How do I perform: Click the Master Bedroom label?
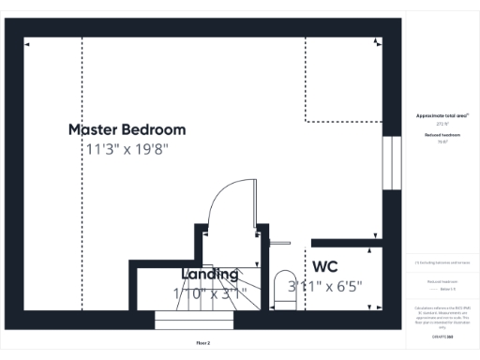(127, 129)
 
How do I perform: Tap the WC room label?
(325, 266)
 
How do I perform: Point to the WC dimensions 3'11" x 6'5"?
(325, 286)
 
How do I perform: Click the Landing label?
(209, 274)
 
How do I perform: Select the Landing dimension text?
(209, 293)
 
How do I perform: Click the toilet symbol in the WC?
(283, 287)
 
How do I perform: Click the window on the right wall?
(391, 166)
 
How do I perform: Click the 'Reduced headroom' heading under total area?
(442, 135)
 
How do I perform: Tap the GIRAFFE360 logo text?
(442, 336)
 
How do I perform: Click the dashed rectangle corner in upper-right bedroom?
(307, 121)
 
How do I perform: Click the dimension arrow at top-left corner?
(27, 42)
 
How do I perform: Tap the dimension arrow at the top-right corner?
(377, 42)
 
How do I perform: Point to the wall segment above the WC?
(347, 242)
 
